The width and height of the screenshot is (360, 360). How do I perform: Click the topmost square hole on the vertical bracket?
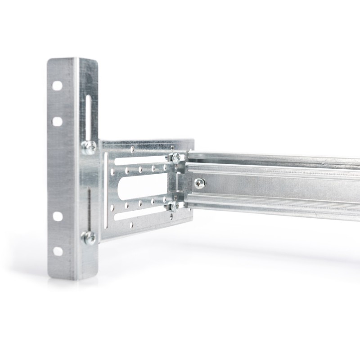(57, 85)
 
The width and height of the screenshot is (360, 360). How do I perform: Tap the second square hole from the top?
(57, 121)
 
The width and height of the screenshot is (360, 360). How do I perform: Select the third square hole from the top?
(58, 216)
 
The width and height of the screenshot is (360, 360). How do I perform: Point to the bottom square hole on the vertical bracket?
(58, 251)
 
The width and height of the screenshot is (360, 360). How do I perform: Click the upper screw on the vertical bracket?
(89, 146)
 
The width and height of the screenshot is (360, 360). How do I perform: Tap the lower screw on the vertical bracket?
(89, 237)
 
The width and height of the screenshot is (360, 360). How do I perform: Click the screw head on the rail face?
(199, 183)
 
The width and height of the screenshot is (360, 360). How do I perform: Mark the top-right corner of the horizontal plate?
(193, 140)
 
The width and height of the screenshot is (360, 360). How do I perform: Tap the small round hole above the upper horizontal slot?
(132, 148)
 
